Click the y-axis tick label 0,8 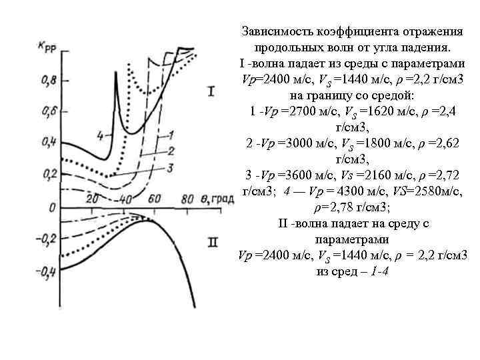(x=49, y=81)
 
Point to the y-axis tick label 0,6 (x=49, y=111)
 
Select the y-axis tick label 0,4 (x=49, y=142)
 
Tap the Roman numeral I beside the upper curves (x=211, y=91)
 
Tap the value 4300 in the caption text (x=348, y=191)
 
